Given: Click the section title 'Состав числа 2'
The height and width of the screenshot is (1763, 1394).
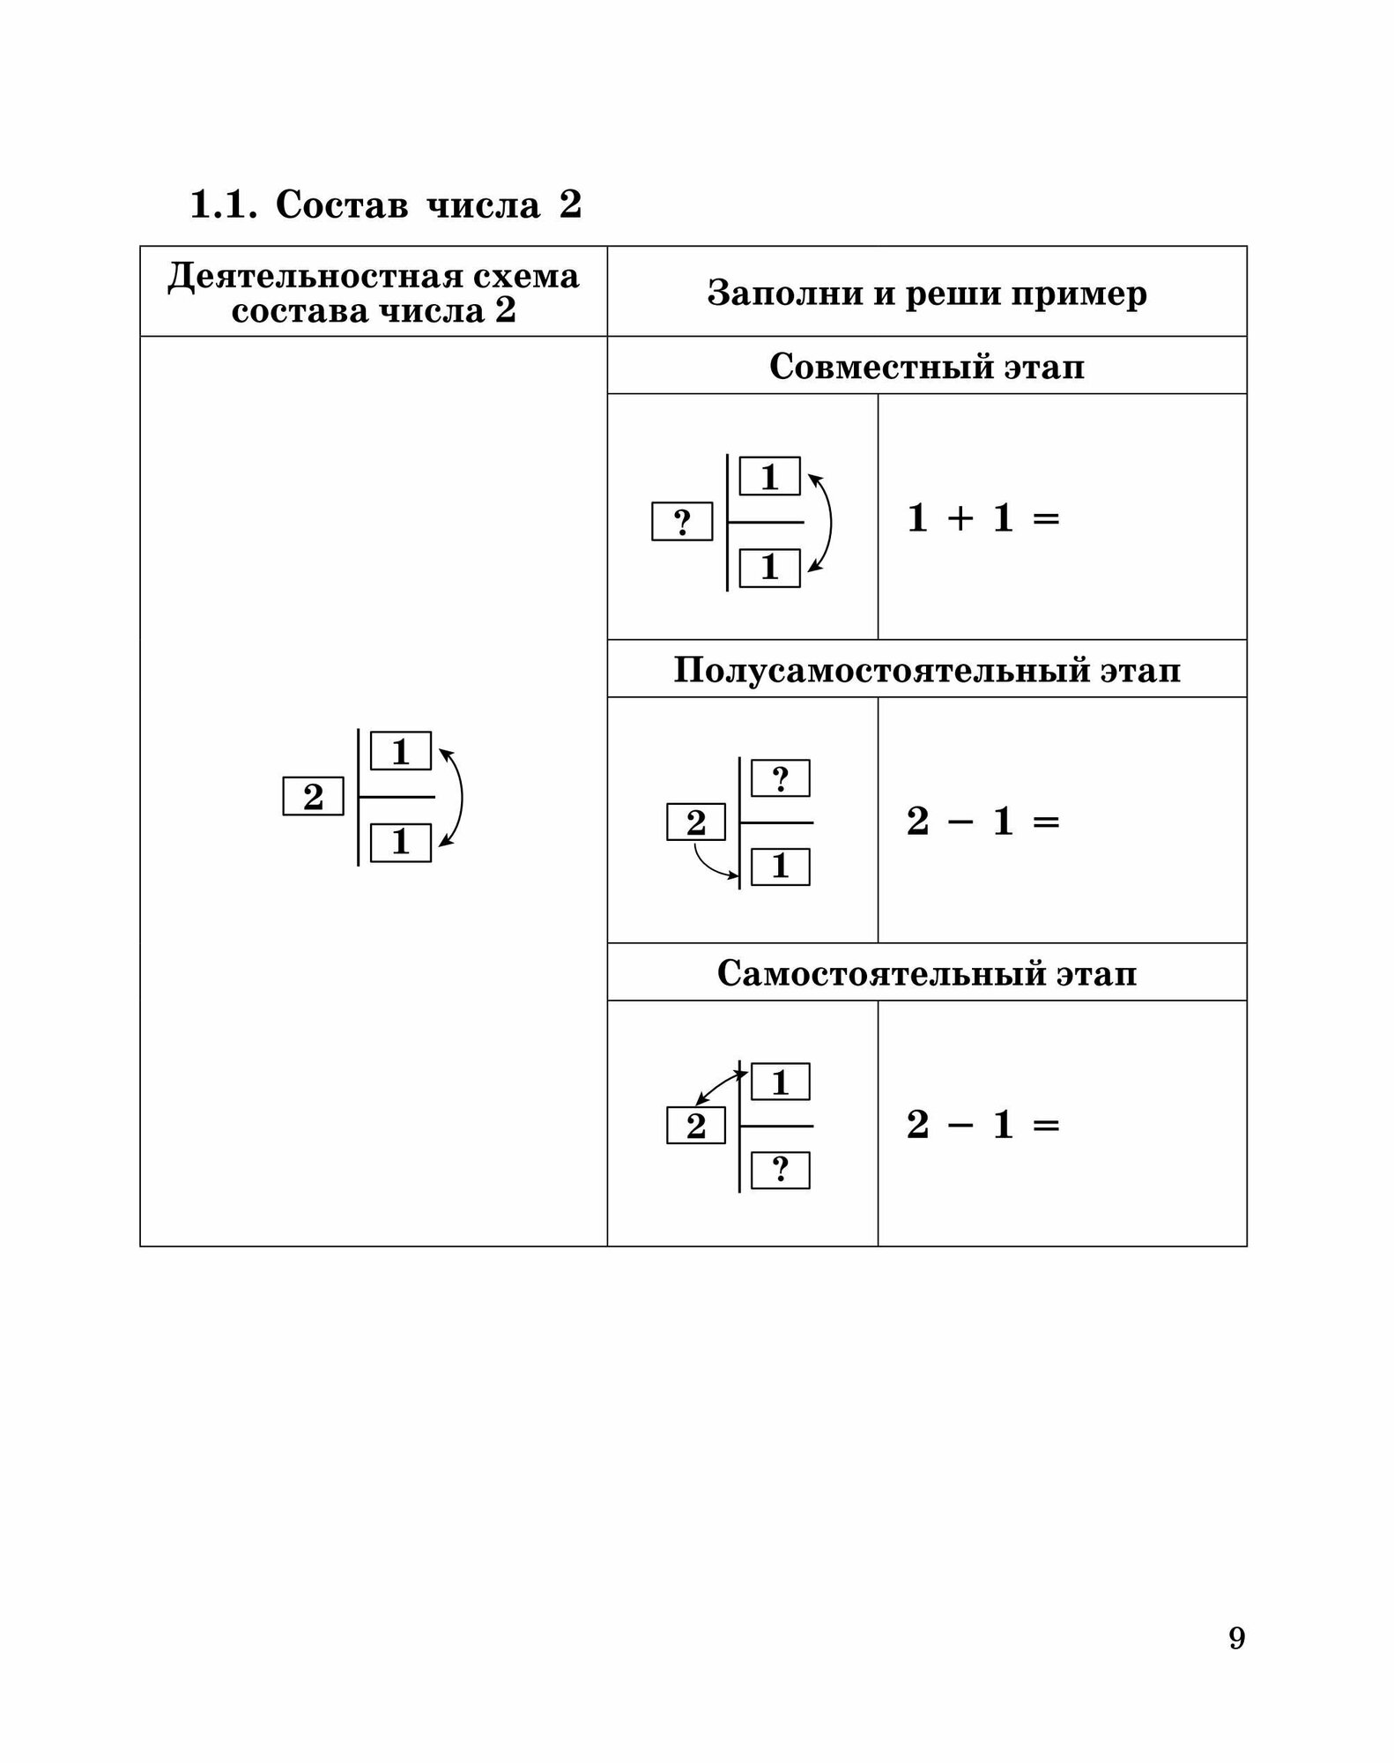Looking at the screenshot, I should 428,205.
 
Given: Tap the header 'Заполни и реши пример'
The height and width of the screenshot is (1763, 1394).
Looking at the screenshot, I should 926,293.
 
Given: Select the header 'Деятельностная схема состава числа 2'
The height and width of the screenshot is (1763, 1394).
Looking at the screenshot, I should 374,293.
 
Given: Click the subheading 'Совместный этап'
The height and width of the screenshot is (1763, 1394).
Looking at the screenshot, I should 926,366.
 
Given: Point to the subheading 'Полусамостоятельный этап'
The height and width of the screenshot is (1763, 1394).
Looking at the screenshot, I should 926,670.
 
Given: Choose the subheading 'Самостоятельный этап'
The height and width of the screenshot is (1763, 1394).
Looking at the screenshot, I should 926,973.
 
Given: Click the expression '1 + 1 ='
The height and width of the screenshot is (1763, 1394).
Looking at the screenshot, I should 982,518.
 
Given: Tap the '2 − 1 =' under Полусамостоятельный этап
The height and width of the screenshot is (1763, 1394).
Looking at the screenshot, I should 982,822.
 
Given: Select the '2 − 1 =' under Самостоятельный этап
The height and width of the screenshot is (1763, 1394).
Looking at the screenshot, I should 982,1126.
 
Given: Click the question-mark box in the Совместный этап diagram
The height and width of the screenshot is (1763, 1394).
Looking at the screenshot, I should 682,522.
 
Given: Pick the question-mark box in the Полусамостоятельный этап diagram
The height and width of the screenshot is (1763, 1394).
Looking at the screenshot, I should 780,778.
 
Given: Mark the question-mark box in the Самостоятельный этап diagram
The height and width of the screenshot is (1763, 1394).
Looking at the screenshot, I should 780,1171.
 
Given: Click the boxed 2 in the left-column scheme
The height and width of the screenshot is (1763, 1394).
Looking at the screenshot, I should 313,797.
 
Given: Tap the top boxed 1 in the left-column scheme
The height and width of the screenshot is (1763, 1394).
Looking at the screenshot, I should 401,751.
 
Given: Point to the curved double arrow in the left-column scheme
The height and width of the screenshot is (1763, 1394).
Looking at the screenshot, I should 459,797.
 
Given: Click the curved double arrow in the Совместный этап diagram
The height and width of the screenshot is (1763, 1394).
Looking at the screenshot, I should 828,522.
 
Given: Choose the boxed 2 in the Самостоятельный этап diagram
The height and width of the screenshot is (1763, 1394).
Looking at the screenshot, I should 695,1127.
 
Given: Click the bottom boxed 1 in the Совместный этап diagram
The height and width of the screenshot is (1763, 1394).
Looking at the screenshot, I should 769,568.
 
